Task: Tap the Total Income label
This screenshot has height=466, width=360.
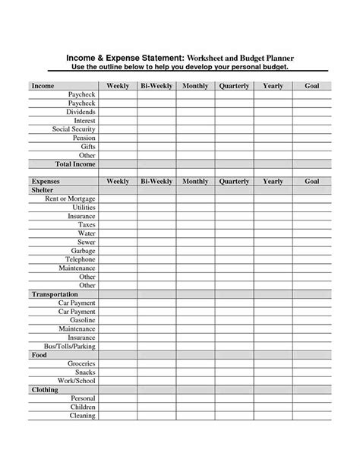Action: coord(75,164)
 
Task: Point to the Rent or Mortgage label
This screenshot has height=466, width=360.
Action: coord(70,198)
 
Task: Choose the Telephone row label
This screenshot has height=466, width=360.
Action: coord(78,259)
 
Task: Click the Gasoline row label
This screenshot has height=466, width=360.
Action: coord(80,320)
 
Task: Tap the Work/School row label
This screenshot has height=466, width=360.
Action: coord(76,380)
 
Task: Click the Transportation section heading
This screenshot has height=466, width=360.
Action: coord(55,293)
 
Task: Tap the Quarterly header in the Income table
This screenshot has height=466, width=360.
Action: coord(234,86)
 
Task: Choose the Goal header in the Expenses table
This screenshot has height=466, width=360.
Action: coord(311,182)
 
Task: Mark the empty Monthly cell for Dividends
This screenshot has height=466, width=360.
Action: coord(195,112)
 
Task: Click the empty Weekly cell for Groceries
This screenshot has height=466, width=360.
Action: coord(118,363)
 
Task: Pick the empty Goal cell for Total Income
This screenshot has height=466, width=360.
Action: coord(311,164)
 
